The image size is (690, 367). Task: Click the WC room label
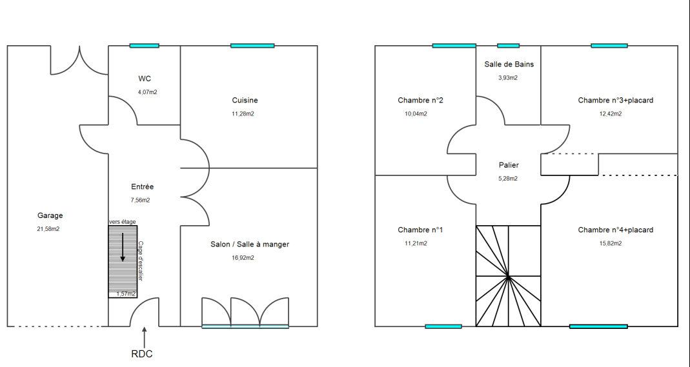click(x=145, y=79)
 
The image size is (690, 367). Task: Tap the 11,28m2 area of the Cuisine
click(x=243, y=114)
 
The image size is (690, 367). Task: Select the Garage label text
click(x=50, y=215)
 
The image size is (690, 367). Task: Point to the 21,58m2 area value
click(x=48, y=229)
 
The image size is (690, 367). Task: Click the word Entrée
click(x=143, y=187)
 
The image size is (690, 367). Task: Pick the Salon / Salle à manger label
click(x=250, y=244)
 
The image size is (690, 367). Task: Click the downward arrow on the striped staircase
click(x=123, y=247)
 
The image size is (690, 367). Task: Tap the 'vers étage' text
click(x=123, y=222)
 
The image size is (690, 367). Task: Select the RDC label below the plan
click(x=142, y=354)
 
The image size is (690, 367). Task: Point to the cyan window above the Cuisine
click(x=252, y=46)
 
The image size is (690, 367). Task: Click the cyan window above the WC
click(x=145, y=46)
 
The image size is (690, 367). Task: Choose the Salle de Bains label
click(x=509, y=64)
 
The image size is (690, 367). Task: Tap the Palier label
click(x=509, y=165)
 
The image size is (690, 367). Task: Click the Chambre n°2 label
click(x=421, y=100)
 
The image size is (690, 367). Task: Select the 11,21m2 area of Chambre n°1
click(x=416, y=244)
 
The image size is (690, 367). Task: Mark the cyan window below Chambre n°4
click(x=598, y=326)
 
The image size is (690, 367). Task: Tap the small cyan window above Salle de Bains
click(x=508, y=46)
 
